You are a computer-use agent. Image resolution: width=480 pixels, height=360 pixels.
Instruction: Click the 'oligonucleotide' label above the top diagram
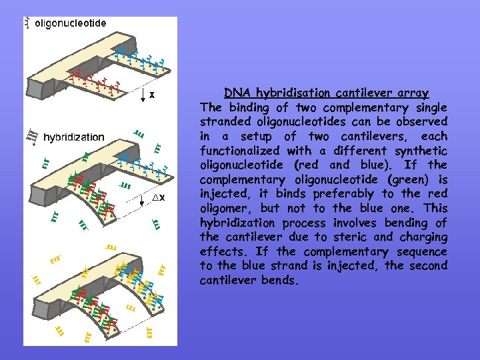coord(70,23)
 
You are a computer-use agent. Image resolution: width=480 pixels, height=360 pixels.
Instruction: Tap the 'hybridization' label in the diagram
coord(74,137)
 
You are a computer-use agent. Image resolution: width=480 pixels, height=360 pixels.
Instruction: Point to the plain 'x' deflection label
coord(152,95)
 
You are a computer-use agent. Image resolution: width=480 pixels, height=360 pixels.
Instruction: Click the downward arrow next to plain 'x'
coord(143,95)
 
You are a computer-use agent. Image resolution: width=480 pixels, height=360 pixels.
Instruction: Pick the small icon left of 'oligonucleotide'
coord(27,23)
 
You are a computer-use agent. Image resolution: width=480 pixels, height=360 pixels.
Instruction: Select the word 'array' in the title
coord(413,93)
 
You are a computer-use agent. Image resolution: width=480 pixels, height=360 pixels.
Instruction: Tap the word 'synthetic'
coord(423,151)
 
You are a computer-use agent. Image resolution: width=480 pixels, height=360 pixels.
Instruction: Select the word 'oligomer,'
coord(226,209)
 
